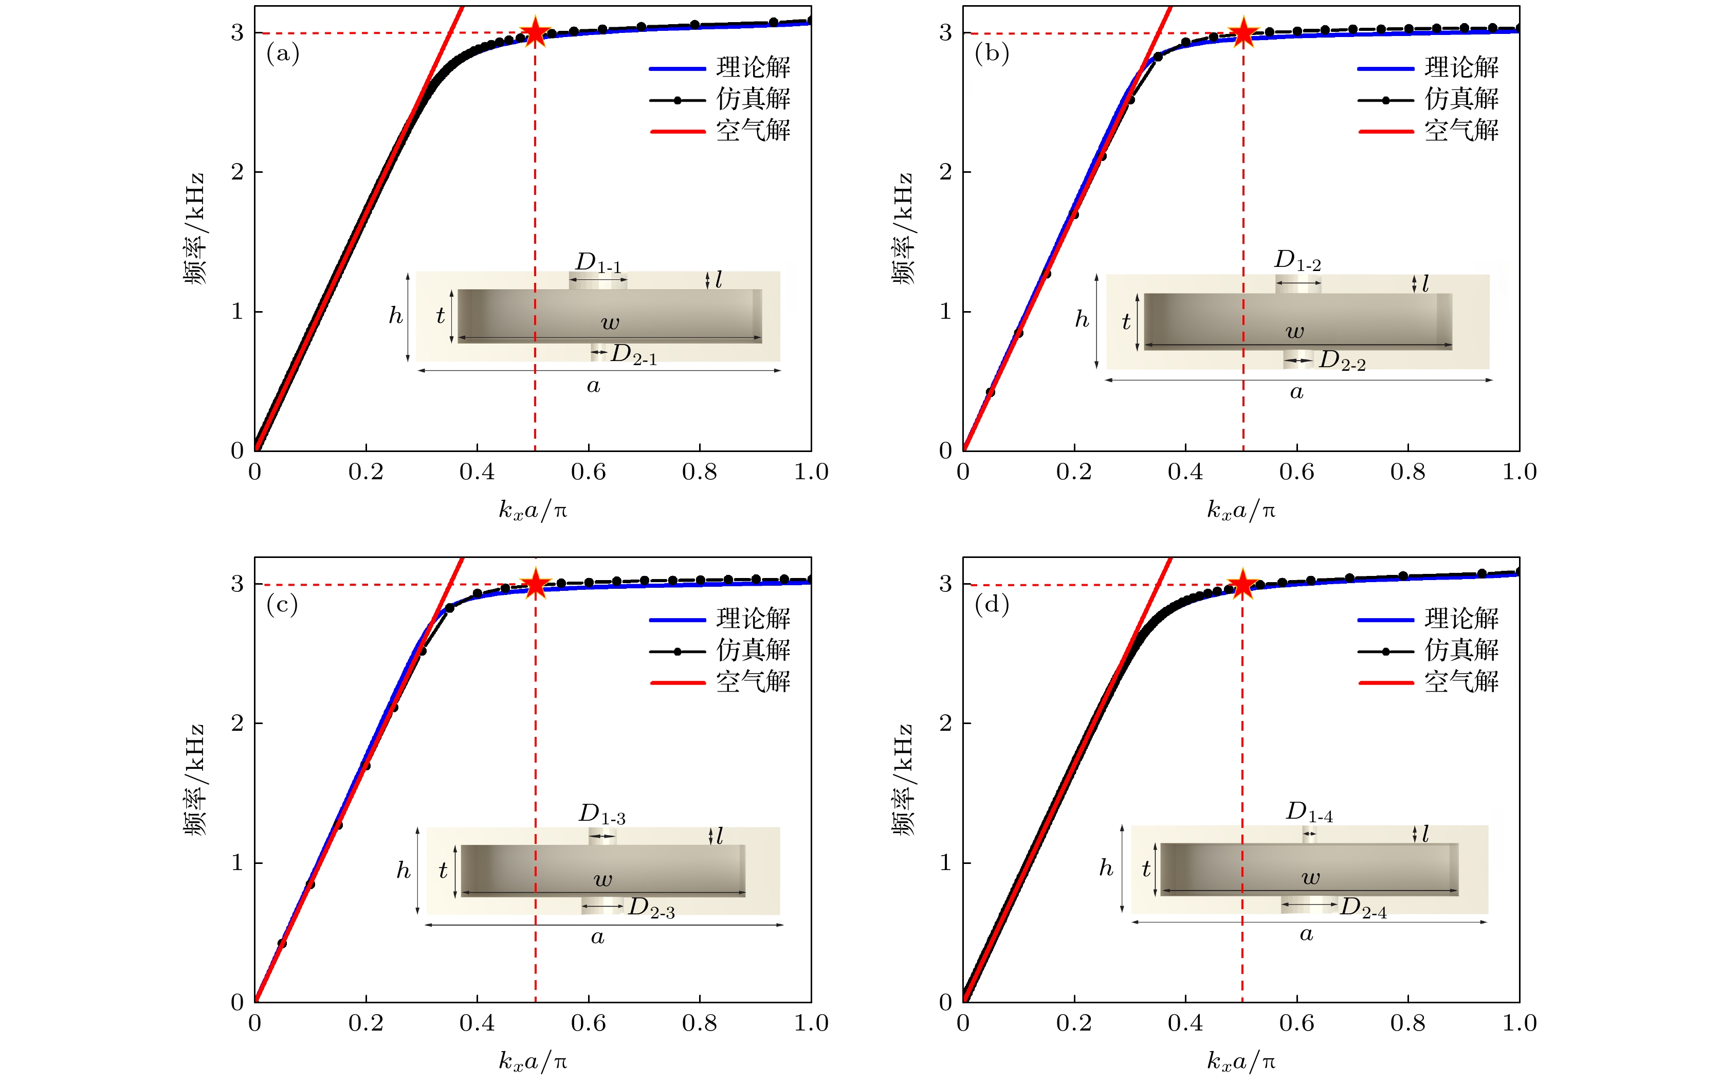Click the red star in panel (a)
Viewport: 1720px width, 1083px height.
pyautogui.click(x=535, y=33)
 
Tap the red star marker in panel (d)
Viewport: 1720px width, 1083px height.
pyautogui.click(x=1243, y=584)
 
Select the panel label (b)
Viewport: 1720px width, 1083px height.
pyautogui.click(x=992, y=53)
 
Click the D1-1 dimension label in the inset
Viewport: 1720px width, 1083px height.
pyautogui.click(x=598, y=263)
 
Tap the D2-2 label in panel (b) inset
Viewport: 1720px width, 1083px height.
pyautogui.click(x=1342, y=361)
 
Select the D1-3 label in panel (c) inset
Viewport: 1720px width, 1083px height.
pyautogui.click(x=602, y=815)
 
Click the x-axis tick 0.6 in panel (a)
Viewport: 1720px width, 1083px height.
pyautogui.click(x=588, y=472)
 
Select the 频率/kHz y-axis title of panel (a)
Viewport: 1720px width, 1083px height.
pyautogui.click(x=194, y=229)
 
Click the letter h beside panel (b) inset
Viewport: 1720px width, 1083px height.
pyautogui.click(x=1082, y=319)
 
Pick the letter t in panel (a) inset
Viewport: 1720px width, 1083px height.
pyautogui.click(x=440, y=316)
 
